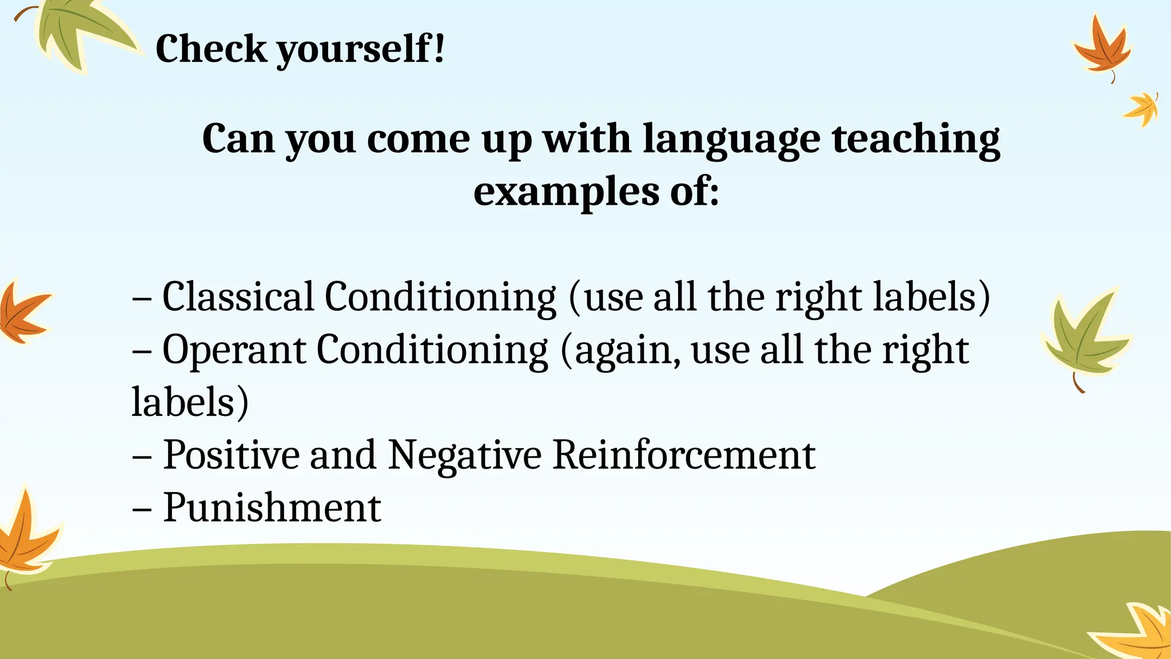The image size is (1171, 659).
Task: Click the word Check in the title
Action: click(210, 49)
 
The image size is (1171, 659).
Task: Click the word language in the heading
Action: click(731, 139)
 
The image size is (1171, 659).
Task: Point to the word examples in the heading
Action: click(565, 192)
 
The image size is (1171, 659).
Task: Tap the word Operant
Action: click(234, 350)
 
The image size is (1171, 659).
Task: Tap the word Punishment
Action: click(272, 507)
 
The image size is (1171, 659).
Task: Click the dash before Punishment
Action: click(141, 509)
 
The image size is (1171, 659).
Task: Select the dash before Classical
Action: click(141, 298)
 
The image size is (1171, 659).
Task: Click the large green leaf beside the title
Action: click(80, 34)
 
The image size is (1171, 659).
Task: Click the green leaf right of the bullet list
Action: click(1084, 338)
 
